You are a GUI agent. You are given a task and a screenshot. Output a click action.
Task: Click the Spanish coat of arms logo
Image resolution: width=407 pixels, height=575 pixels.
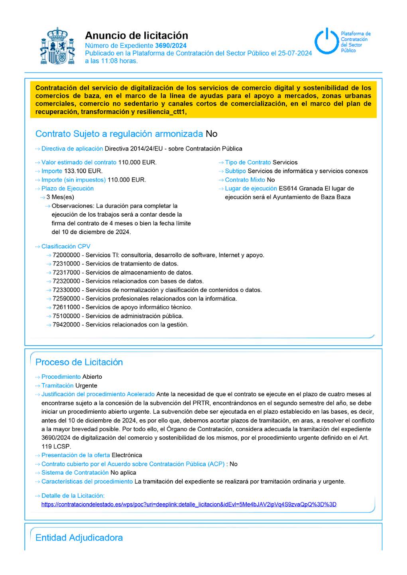click(58, 46)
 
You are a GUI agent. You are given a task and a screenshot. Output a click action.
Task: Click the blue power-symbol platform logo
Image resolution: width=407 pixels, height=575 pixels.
click(326, 41)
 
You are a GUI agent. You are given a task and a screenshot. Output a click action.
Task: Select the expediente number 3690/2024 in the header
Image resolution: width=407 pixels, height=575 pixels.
click(171, 46)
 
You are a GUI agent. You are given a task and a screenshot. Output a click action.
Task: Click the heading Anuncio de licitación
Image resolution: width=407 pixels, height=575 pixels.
click(136, 35)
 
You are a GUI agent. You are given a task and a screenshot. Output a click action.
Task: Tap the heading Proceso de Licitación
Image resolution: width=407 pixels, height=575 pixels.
click(79, 362)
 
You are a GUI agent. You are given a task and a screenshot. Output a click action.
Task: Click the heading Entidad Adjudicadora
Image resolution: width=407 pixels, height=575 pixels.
click(79, 538)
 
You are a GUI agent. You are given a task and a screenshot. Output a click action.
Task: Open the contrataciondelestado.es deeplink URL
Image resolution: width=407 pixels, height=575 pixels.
click(189, 505)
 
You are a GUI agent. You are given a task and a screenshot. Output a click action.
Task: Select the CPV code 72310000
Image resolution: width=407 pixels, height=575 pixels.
click(66, 264)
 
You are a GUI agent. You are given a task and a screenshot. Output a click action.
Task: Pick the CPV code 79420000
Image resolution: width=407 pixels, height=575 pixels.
click(66, 325)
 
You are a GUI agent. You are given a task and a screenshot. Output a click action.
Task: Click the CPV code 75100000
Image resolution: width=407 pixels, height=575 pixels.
click(66, 316)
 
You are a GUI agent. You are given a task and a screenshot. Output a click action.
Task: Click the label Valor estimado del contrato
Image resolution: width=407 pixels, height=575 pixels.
click(79, 162)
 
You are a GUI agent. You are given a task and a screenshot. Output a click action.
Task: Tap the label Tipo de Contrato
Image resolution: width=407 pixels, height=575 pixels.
click(248, 162)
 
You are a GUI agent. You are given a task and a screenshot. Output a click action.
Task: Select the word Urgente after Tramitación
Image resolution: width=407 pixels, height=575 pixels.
click(86, 385)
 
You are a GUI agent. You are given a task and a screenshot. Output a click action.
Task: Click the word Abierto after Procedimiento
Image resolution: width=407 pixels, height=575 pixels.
click(92, 377)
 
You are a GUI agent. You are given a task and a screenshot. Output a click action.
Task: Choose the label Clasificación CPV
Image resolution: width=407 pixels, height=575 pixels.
click(66, 246)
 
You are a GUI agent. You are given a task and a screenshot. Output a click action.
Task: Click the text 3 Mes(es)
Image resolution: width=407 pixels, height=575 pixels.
click(60, 197)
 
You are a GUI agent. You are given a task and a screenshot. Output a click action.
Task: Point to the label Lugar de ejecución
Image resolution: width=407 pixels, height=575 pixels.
click(251, 188)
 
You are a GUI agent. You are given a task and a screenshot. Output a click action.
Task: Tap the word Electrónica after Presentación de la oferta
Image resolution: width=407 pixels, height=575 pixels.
click(127, 455)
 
